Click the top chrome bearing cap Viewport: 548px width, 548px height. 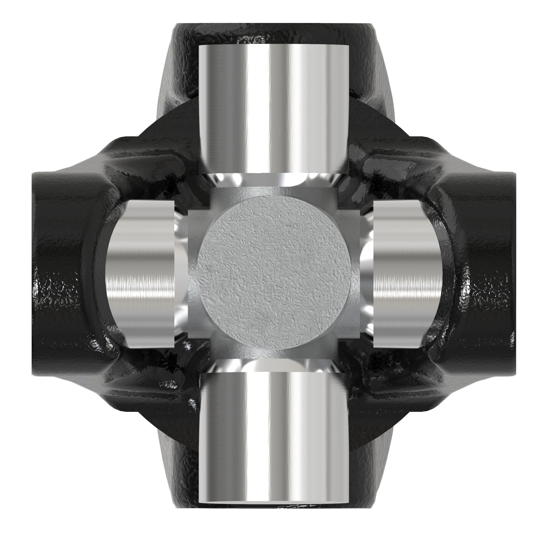[x=274, y=109]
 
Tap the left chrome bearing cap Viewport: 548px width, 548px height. [x=140, y=274]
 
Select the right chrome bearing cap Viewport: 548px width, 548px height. [x=407, y=274]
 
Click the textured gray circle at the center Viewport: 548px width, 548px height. [x=274, y=274]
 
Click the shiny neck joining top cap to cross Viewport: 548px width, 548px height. [x=274, y=180]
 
